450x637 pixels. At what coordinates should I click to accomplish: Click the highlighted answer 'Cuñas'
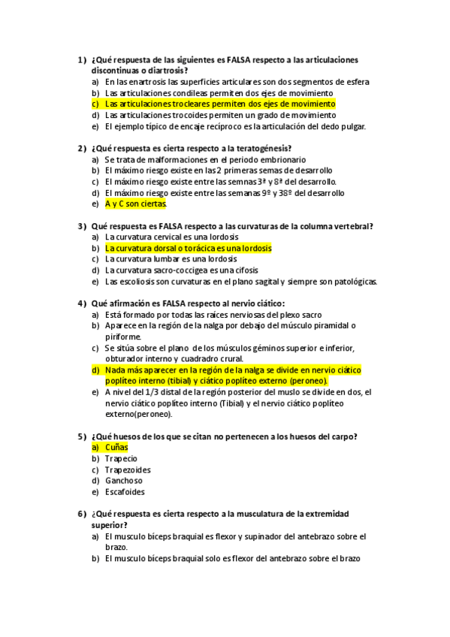point(116,447)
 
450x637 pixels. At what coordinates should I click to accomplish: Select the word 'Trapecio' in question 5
point(121,458)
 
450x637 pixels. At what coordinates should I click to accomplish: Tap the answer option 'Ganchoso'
point(124,481)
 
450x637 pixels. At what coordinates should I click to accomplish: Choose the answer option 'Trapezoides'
point(128,469)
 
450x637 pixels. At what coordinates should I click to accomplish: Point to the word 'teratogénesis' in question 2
point(264,148)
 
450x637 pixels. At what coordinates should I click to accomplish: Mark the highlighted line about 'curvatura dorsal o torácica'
point(189,248)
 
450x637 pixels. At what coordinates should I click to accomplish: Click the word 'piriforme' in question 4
point(122,337)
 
